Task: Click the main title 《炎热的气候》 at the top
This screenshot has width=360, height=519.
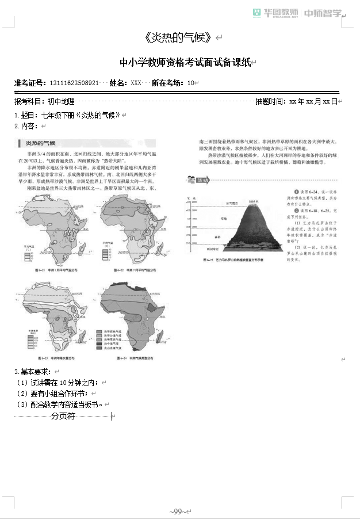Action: (180, 38)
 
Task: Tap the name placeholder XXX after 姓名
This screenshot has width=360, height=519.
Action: (136, 83)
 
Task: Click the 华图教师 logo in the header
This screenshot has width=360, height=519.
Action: (276, 13)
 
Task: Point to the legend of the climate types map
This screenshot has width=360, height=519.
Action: (113, 339)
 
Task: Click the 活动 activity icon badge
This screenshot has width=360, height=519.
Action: (194, 180)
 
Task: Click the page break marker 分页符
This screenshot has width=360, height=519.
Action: (63, 415)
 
